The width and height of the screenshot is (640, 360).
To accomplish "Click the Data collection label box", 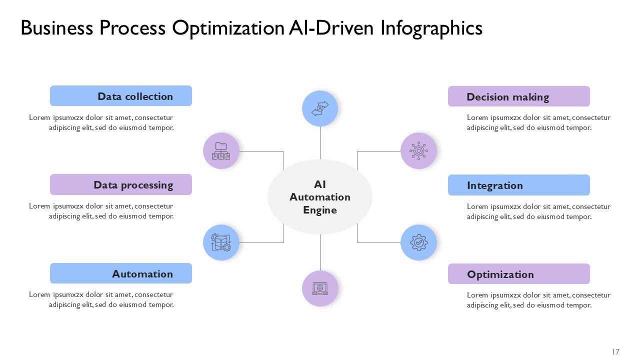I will click(x=120, y=96).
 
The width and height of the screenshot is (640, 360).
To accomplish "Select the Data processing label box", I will click(x=120, y=184).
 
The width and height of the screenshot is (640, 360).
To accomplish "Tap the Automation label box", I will click(x=120, y=273).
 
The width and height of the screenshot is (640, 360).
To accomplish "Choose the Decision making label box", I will click(x=518, y=96).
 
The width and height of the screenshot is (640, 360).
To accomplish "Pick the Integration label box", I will click(x=518, y=185).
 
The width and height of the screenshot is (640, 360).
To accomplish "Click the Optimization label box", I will click(x=518, y=274).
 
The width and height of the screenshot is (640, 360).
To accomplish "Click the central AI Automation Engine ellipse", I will click(x=320, y=197).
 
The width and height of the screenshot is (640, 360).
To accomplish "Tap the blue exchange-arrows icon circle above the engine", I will click(x=320, y=108).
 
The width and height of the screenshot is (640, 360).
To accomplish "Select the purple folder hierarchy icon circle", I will click(x=221, y=150).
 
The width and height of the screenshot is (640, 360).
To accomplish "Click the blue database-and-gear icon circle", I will click(x=221, y=242).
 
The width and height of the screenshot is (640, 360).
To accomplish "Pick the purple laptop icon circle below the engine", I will click(x=320, y=288).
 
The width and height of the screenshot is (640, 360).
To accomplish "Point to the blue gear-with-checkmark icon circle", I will click(x=418, y=242).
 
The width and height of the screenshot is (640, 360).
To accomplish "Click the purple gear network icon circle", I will click(x=418, y=150).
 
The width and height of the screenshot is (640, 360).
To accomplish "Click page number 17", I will click(x=615, y=351).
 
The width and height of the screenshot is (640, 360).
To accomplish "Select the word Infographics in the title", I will click(x=431, y=28).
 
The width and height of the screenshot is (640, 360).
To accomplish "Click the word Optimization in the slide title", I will click(x=227, y=28).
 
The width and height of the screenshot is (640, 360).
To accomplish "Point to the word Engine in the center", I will click(x=320, y=210).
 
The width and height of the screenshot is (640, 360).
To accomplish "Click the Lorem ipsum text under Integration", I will click(x=538, y=211).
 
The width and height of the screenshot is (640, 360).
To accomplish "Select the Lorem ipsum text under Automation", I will click(x=101, y=299).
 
